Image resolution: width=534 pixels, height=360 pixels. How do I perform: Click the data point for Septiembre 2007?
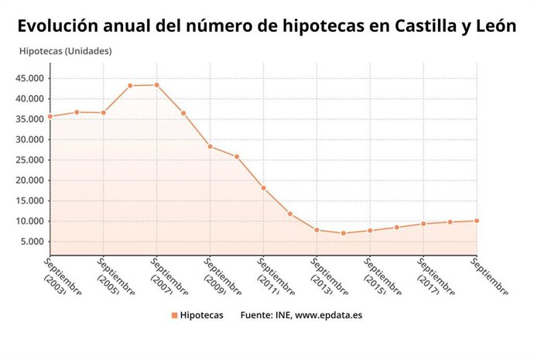(156, 85)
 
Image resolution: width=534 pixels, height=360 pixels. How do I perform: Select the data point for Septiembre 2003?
(50, 117)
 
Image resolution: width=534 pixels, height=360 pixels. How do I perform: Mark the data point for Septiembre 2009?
(210, 146)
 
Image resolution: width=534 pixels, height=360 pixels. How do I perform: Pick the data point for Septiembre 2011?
(263, 188)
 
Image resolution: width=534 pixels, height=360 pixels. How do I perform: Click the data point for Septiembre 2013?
(317, 230)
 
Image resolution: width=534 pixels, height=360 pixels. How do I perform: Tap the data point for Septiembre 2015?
(370, 231)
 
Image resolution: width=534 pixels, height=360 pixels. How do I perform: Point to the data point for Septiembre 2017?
(423, 224)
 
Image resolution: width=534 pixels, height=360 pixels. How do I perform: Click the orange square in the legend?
(175, 315)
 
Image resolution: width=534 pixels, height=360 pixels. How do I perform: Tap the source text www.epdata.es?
(328, 315)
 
